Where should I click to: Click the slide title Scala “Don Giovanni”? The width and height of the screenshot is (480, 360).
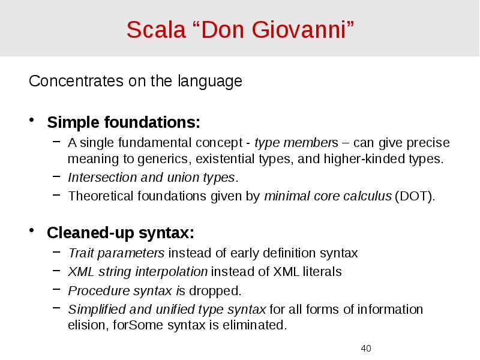click(x=240, y=29)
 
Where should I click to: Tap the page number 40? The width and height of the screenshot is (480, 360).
click(x=367, y=349)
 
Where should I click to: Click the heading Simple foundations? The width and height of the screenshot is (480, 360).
click(x=124, y=123)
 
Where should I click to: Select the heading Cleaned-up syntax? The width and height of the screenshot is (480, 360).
click(x=121, y=232)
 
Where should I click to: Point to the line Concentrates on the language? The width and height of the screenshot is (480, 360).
click(x=136, y=81)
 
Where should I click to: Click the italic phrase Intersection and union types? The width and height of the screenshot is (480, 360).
click(x=152, y=178)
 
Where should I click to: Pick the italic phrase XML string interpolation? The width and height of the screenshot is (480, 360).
click(x=138, y=272)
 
